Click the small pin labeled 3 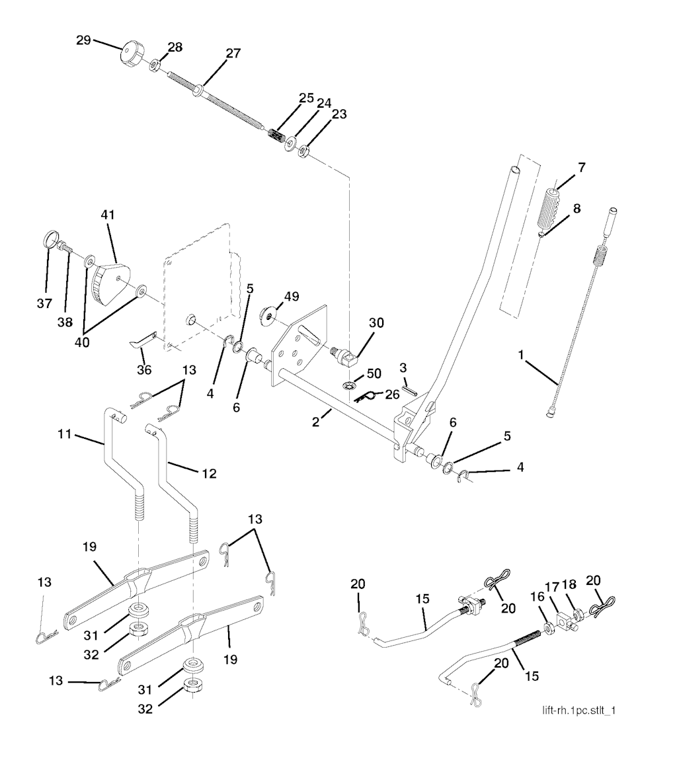click(x=409, y=389)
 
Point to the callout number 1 click(x=522, y=356)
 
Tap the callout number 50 click(x=374, y=374)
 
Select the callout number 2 click(x=317, y=419)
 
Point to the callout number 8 click(x=577, y=209)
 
